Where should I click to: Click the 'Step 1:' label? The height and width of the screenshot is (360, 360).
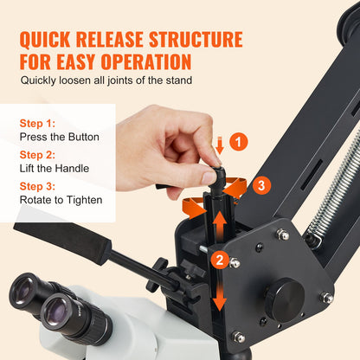[x=38, y=123]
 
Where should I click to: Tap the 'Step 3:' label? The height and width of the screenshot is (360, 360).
[x=38, y=187]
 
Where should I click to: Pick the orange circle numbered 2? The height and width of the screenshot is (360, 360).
[x=222, y=258]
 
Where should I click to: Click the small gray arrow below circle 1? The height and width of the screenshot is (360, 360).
[x=220, y=150]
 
